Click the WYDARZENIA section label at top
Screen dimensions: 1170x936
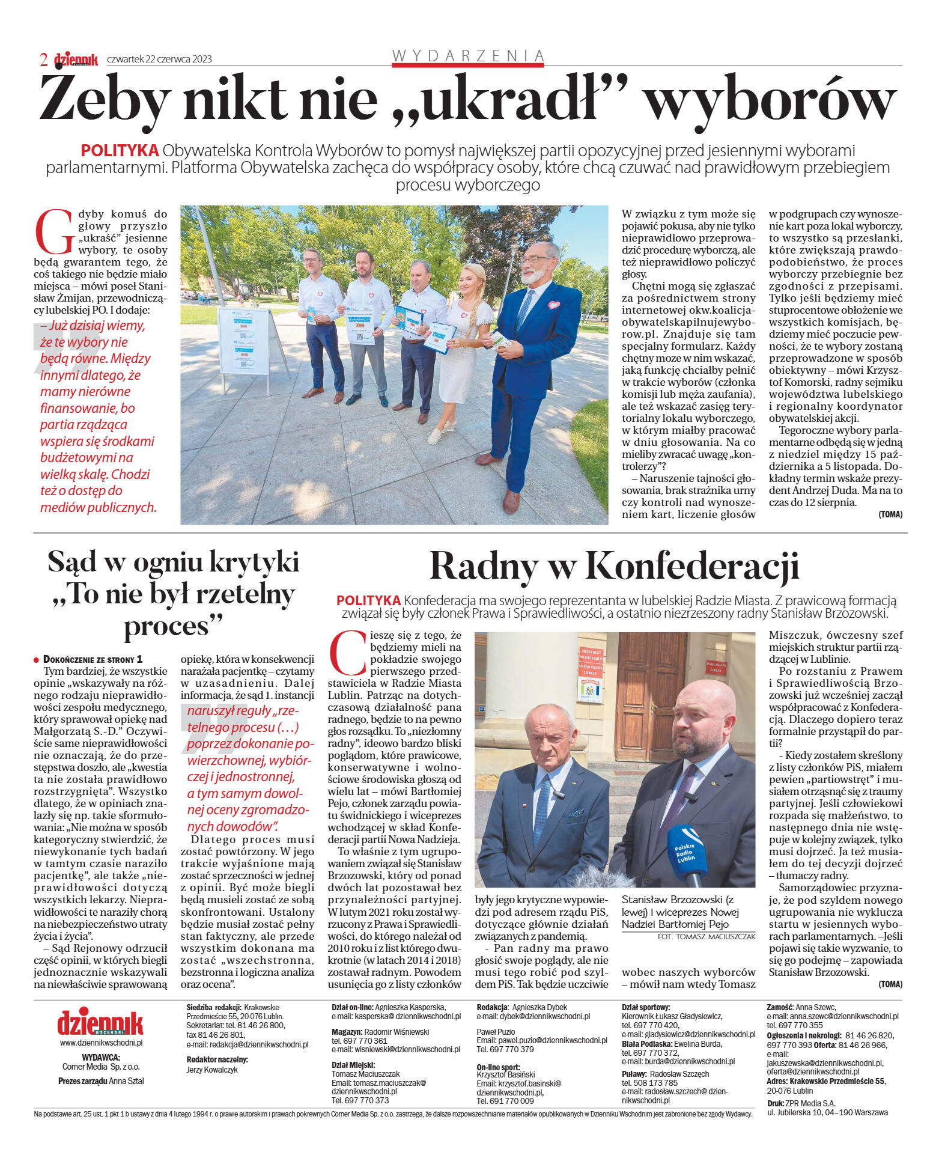click(467, 56)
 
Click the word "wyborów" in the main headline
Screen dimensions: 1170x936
click(770, 98)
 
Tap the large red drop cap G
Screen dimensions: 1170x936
click(55, 231)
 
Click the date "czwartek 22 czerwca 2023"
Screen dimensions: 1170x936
click(159, 59)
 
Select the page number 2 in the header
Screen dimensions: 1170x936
click(44, 59)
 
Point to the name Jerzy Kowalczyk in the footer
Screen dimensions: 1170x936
click(211, 1070)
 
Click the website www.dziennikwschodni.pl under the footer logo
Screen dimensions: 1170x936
click(101, 1043)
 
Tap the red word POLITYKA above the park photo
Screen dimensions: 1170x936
click(120, 150)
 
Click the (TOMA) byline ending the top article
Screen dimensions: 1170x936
click(890, 514)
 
